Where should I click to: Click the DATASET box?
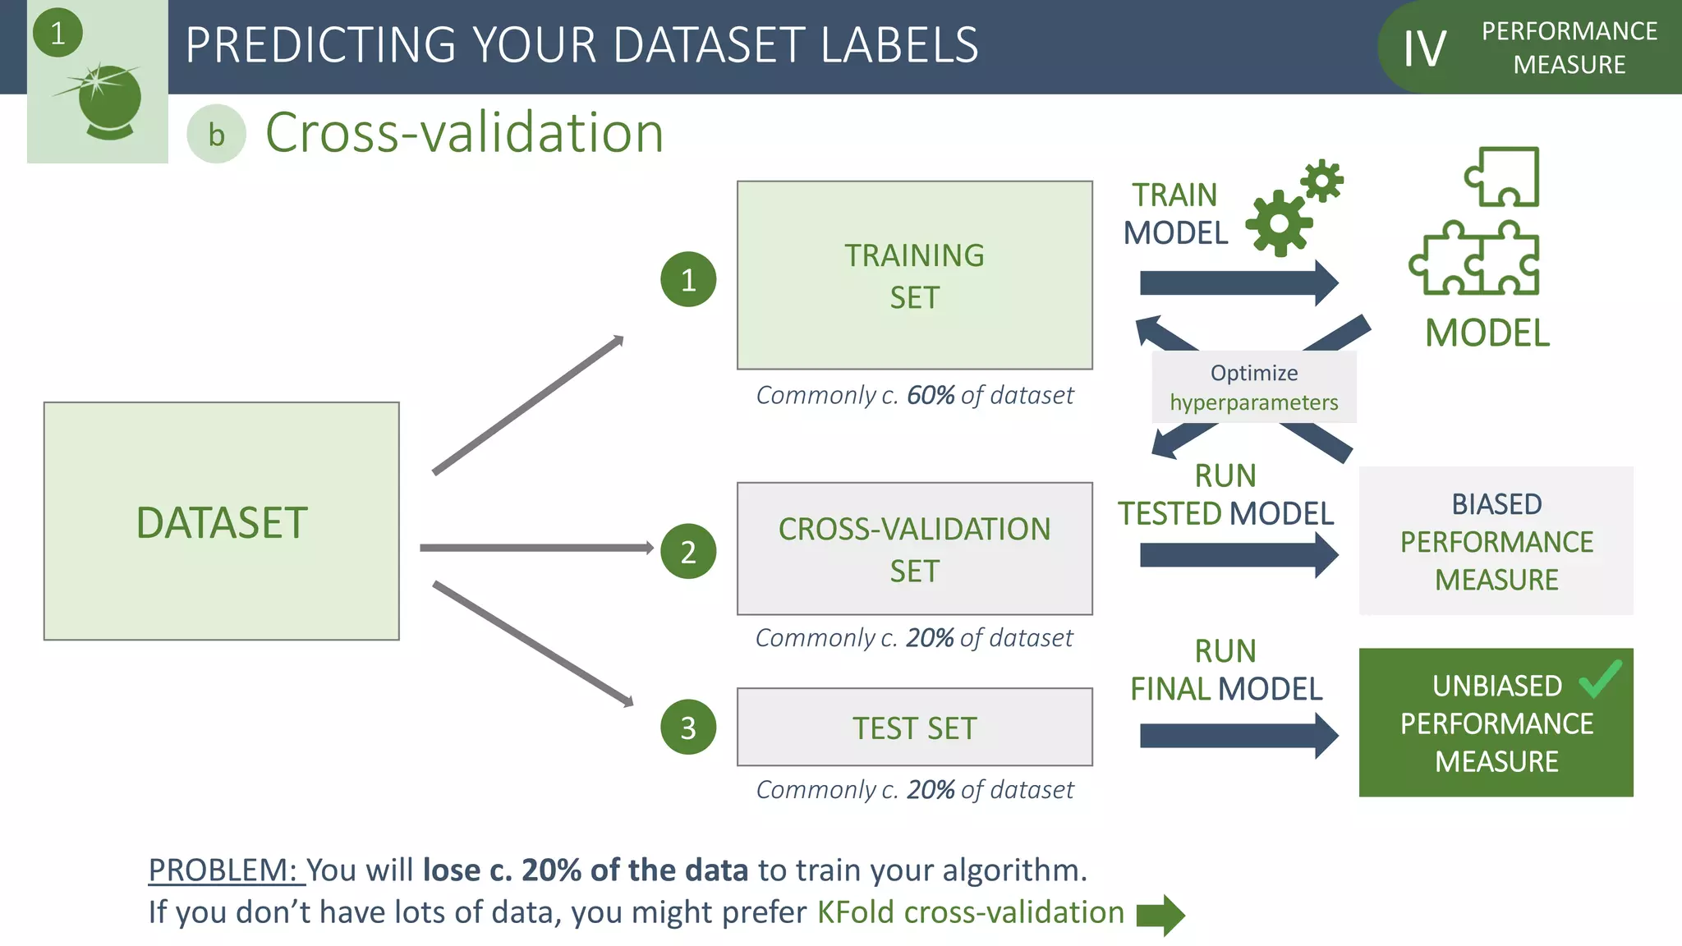(x=221, y=521)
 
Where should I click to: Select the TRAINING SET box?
(x=914, y=275)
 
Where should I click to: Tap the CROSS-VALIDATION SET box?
(x=914, y=549)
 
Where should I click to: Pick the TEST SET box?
(x=914, y=728)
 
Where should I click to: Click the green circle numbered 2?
(x=688, y=552)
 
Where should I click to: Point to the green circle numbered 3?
(x=688, y=728)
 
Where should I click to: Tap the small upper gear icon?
(x=1321, y=180)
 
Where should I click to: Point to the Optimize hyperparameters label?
(x=1253, y=388)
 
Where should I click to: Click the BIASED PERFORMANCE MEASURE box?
(x=1496, y=541)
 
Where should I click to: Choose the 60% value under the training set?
(x=930, y=396)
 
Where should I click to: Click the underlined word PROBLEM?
(x=223, y=870)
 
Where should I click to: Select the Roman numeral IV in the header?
(x=1424, y=48)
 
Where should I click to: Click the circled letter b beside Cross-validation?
(x=216, y=135)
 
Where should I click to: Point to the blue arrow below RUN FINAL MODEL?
(x=1239, y=736)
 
